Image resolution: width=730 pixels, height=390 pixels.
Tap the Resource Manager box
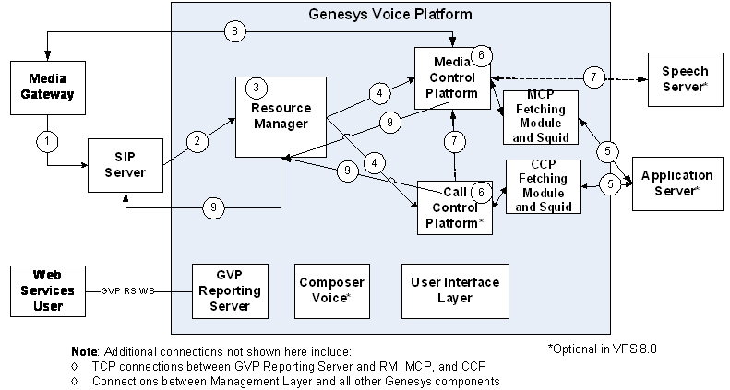point(281,116)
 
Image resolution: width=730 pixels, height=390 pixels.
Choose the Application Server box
point(676,183)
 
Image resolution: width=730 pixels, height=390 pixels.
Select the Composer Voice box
point(329,290)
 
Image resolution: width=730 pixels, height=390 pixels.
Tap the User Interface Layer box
point(455,290)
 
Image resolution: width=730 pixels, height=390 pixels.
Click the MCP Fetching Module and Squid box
point(540,118)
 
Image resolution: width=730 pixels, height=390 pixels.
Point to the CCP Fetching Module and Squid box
point(545,187)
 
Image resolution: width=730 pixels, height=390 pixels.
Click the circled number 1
point(46,142)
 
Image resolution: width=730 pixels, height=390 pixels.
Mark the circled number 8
point(235,31)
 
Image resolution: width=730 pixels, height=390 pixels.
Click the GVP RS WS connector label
point(128,290)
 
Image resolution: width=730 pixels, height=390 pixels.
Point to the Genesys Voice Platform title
point(389,15)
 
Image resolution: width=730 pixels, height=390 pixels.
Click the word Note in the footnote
point(84,352)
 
